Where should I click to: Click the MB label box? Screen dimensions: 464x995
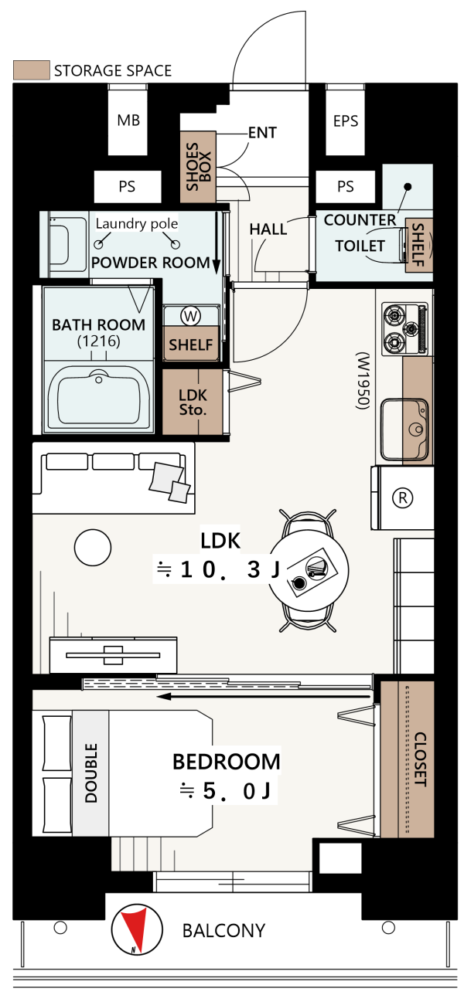(x=128, y=120)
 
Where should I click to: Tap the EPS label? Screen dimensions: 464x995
(x=345, y=121)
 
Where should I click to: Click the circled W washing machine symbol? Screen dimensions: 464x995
(x=190, y=316)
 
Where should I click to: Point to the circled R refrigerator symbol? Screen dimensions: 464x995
(x=403, y=497)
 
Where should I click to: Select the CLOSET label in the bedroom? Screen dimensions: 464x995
(x=421, y=759)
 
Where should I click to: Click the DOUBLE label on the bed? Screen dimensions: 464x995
(x=90, y=773)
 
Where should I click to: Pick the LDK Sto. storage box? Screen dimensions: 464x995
(x=193, y=402)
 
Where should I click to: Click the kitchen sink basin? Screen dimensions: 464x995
(x=404, y=429)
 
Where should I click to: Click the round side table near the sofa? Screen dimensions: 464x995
(x=93, y=547)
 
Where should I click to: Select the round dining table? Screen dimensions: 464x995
(x=309, y=570)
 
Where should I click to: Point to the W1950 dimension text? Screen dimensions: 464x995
(x=363, y=381)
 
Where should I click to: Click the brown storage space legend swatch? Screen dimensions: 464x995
(x=31, y=70)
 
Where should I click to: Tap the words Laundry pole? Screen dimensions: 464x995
(x=137, y=223)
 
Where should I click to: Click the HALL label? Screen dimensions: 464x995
(x=268, y=229)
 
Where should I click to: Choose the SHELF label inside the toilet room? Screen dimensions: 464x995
(x=418, y=244)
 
